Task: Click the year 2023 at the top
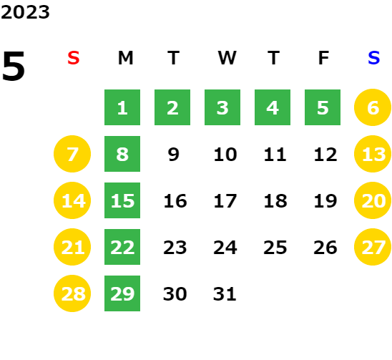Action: tap(25, 12)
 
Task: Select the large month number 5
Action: tap(14, 66)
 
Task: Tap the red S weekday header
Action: tap(74, 58)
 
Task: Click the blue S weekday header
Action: tap(374, 58)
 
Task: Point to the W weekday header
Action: tap(227, 58)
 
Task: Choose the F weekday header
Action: tap(324, 58)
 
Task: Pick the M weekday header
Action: tap(125, 58)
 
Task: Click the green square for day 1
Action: tap(122, 107)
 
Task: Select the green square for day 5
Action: tap(323, 107)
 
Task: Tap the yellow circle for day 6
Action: tap(373, 107)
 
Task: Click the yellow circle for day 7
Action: tap(72, 154)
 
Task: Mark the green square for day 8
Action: tap(122, 154)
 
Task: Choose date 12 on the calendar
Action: tap(325, 155)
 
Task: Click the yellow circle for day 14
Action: tap(72, 200)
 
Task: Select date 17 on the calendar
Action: tap(225, 201)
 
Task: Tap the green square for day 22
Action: tap(122, 247)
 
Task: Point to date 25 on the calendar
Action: tap(275, 248)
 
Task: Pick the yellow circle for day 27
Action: tap(373, 247)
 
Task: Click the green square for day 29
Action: tap(122, 293)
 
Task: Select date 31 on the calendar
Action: tap(225, 294)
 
